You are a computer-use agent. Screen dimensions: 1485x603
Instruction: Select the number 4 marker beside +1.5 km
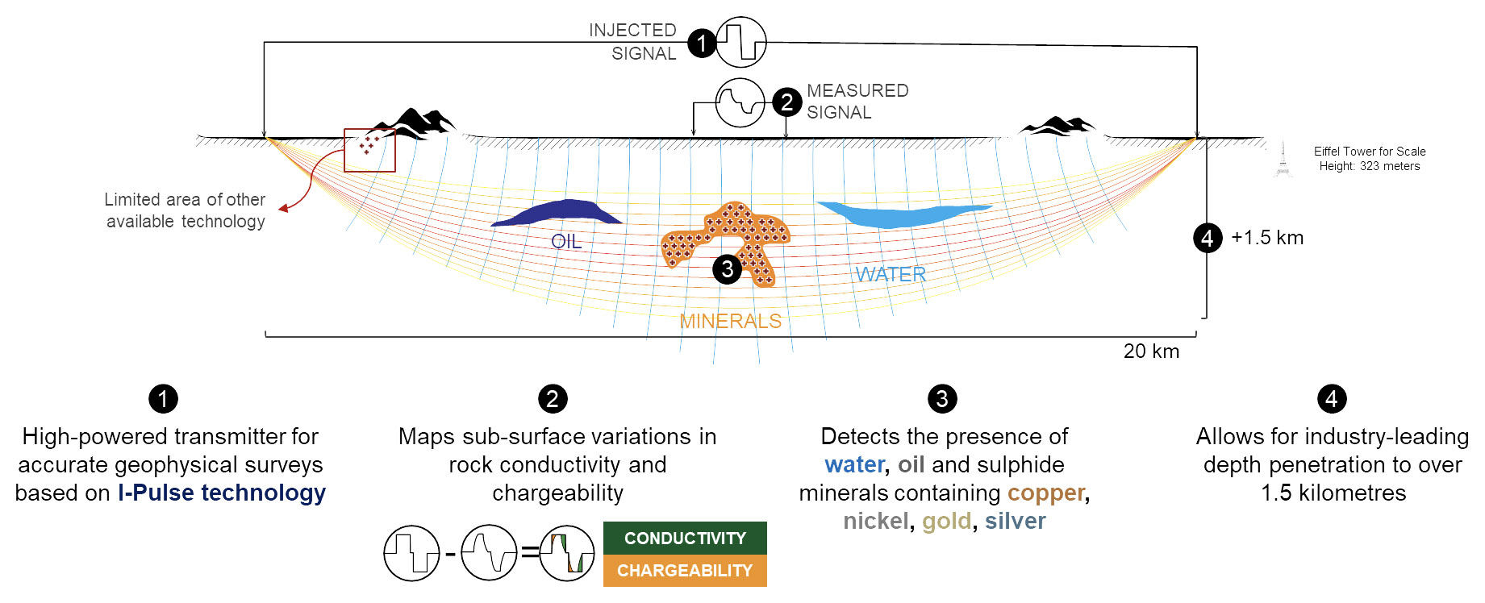[1208, 238]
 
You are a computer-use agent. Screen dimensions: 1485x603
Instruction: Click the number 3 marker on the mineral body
[727, 268]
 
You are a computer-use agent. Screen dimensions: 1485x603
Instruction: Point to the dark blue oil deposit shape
[557, 212]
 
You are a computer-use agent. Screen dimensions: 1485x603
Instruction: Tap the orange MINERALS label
[730, 321]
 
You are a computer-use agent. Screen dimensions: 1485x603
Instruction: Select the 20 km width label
[1151, 351]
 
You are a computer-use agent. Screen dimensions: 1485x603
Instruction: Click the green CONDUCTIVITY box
[685, 538]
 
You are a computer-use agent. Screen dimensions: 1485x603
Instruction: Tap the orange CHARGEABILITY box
[685, 571]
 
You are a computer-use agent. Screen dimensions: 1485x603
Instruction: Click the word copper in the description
[1046, 493]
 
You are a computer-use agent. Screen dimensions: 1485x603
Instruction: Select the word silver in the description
[1015, 521]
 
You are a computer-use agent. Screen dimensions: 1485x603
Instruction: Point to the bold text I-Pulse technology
[222, 493]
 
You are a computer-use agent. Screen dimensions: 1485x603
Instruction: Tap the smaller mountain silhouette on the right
[1057, 126]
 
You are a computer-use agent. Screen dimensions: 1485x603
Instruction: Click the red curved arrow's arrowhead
[283, 209]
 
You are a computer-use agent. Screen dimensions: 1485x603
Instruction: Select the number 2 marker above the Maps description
[553, 398]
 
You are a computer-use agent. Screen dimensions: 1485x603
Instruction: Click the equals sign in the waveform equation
[529, 553]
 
